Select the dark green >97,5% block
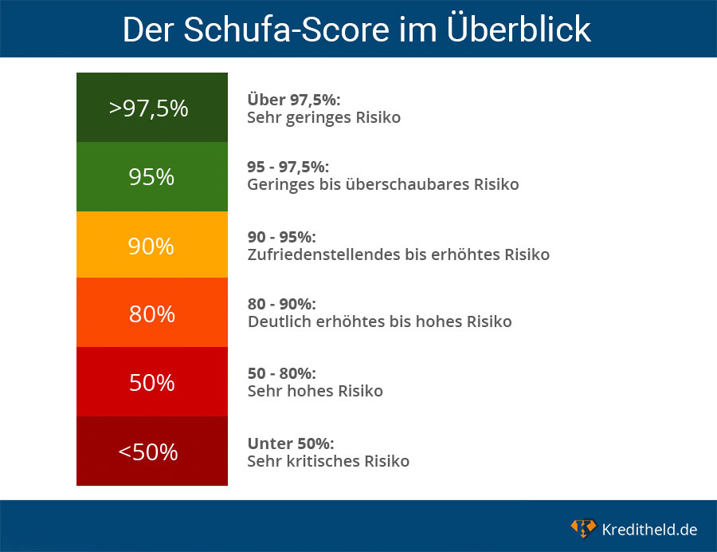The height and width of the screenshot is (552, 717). click(151, 107)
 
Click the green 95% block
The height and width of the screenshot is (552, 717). click(151, 176)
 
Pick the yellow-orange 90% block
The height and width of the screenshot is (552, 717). click(151, 245)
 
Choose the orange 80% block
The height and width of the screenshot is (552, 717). click(151, 313)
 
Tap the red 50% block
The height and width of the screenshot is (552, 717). click(151, 382)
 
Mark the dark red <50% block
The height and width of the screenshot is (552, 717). click(151, 451)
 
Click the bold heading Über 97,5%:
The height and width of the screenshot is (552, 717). click(294, 100)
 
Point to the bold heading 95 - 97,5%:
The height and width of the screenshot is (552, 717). click(288, 167)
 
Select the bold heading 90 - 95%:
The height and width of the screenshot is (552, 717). click(282, 237)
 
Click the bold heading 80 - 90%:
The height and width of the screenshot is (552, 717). click(282, 304)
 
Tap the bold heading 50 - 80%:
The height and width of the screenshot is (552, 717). click(282, 373)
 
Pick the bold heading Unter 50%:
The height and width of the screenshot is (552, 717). click(291, 443)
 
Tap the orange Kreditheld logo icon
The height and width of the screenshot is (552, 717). click(583, 528)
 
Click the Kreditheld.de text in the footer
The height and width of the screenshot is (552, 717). click(649, 529)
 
